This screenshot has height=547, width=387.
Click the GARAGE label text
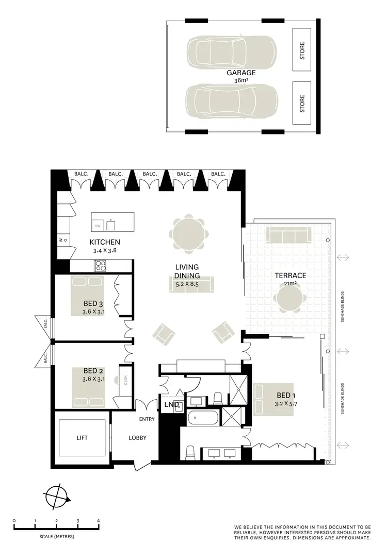(241, 73)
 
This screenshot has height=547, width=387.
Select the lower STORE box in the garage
(302, 103)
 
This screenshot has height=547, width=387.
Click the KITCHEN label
(105, 242)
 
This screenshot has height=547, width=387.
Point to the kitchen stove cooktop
(100, 266)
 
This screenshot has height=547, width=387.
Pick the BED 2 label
(93, 370)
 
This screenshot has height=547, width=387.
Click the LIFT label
(82, 438)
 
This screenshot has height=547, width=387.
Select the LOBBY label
(137, 438)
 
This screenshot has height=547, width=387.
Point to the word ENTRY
(147, 419)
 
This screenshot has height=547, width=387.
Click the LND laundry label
(171, 404)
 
